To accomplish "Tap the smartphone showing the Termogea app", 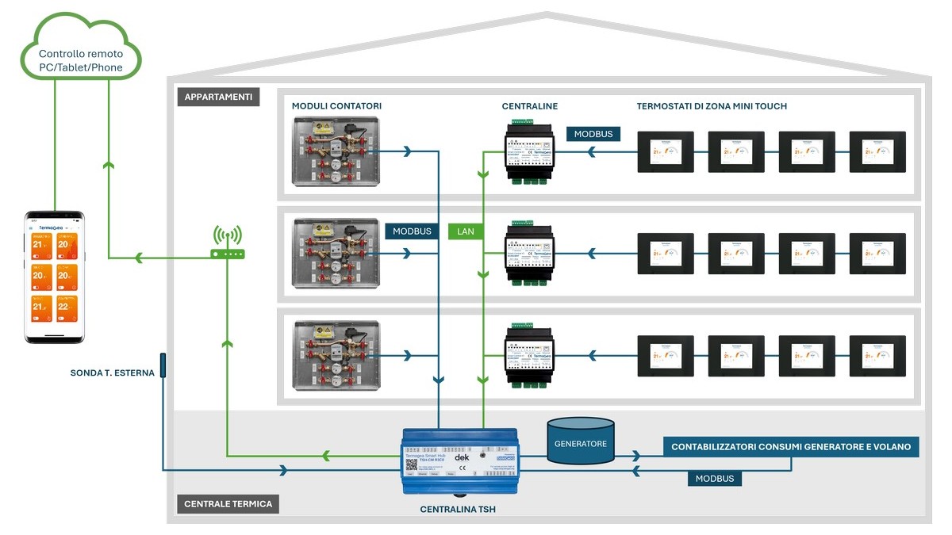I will point(55,277).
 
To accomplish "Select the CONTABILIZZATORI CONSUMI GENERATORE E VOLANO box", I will point(791,447).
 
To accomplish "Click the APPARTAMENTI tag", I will point(218,97).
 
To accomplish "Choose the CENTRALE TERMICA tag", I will point(228,504).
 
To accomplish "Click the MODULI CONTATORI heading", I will point(336,106).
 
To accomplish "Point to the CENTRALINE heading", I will point(530,106).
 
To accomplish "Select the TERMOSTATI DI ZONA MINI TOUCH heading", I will point(712,106).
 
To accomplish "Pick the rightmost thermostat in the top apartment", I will point(877,151).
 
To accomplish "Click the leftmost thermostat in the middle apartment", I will point(666,254).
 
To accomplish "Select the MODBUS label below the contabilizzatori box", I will point(714,479).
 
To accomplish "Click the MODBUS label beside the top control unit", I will point(593,134).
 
